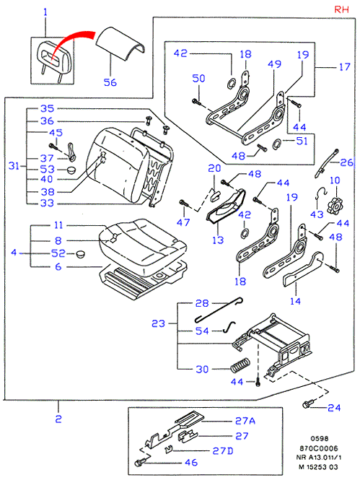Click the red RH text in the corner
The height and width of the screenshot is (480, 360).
click(341, 9)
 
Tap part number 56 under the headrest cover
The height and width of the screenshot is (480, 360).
click(110, 82)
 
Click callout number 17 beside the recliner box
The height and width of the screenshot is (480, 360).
click(344, 66)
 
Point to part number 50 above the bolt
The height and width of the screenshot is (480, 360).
click(198, 79)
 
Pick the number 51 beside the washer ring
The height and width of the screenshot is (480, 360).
click(302, 141)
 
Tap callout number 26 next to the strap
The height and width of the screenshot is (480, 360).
click(346, 162)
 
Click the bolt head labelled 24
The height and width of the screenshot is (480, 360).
click(307, 403)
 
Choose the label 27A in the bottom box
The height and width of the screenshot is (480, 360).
click(245, 421)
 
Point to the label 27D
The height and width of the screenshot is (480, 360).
click(223, 450)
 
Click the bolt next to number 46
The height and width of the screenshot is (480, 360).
click(141, 463)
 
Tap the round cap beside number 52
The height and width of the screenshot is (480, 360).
click(80, 253)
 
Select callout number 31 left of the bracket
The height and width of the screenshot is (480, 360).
click(14, 166)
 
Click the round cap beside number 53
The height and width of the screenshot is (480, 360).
click(71, 170)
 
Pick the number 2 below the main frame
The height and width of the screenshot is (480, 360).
click(58, 419)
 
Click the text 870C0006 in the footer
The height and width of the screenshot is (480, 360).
click(318, 448)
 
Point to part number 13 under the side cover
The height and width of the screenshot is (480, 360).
click(218, 240)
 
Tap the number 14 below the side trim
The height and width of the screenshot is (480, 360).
click(295, 301)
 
